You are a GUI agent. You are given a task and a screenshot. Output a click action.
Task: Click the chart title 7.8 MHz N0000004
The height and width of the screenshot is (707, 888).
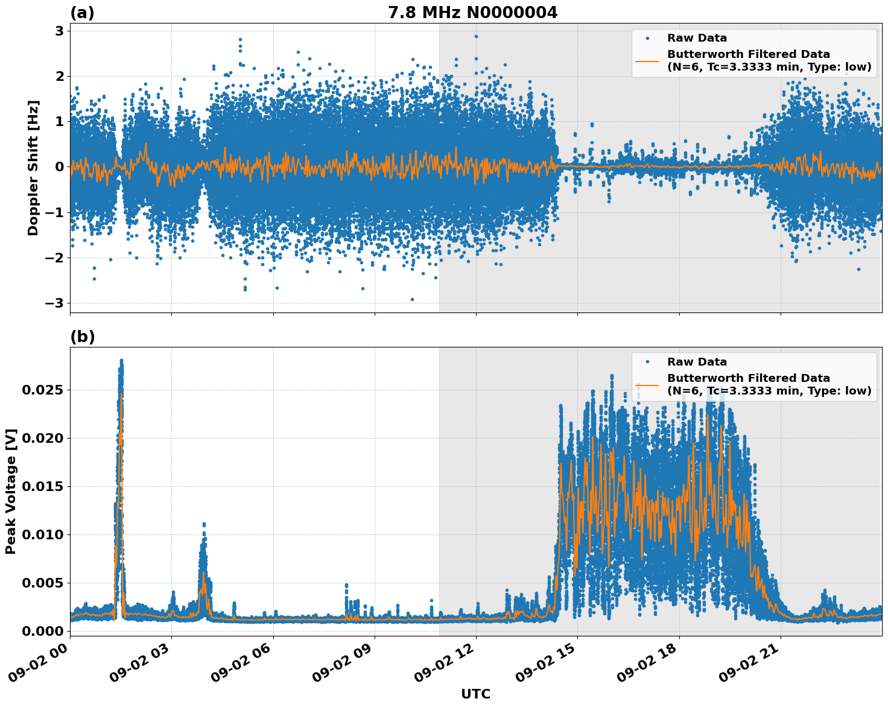[x=472, y=13]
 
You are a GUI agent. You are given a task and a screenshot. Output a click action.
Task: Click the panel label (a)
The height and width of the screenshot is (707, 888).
[x=82, y=13]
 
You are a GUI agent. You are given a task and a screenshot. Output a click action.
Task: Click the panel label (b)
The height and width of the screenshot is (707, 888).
[x=82, y=337]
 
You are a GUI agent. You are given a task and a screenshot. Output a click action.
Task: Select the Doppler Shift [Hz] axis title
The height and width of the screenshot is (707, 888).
[x=33, y=168]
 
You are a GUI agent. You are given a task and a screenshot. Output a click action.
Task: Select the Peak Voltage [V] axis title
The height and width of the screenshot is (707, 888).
[x=11, y=491]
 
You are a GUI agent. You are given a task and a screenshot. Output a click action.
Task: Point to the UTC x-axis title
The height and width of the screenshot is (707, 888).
[x=475, y=694]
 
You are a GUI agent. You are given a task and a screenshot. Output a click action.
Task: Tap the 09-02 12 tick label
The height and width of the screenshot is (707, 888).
[x=443, y=667]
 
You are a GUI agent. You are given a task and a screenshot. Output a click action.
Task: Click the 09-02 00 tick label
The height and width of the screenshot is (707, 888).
[x=37, y=667]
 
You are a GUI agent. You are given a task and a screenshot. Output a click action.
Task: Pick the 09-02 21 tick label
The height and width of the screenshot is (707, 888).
[x=747, y=667]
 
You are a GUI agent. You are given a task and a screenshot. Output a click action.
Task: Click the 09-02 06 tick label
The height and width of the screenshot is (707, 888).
[x=240, y=667]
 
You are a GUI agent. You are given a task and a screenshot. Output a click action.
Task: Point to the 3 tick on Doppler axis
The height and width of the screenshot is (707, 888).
[x=60, y=31]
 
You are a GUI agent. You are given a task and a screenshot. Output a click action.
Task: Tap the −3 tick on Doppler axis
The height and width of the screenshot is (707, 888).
[x=55, y=303]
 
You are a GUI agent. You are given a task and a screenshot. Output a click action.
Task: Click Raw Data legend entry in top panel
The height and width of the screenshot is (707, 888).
[x=697, y=38]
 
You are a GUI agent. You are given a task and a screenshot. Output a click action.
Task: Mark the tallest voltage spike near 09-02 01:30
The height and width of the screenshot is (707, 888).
[x=121, y=362]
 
